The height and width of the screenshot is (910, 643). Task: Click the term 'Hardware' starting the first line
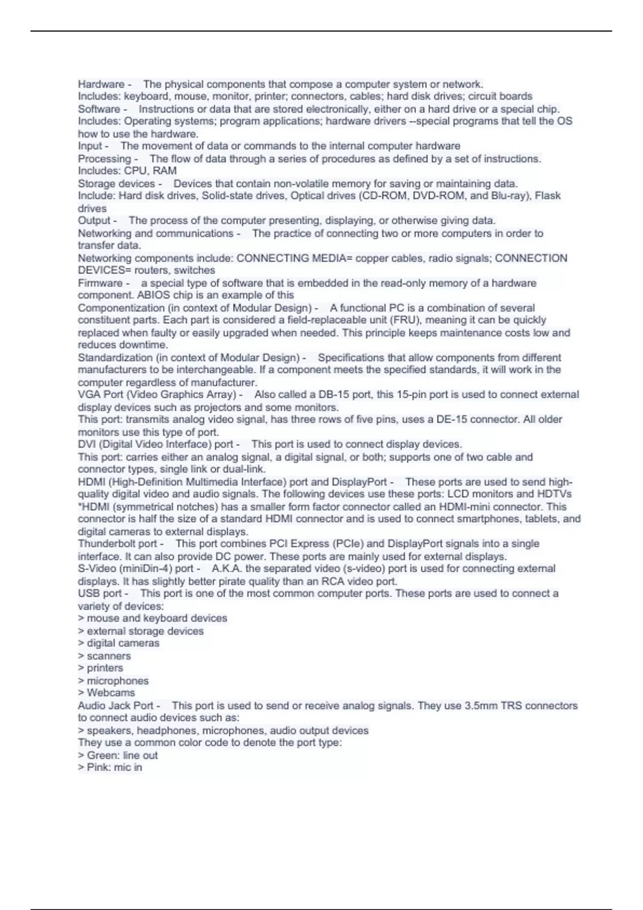point(101,85)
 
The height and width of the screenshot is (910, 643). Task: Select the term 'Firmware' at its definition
point(100,283)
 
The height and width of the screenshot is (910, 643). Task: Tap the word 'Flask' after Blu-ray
point(548,196)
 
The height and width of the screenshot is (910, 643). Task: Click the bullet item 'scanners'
point(109,656)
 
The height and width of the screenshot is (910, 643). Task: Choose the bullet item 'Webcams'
point(111,693)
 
